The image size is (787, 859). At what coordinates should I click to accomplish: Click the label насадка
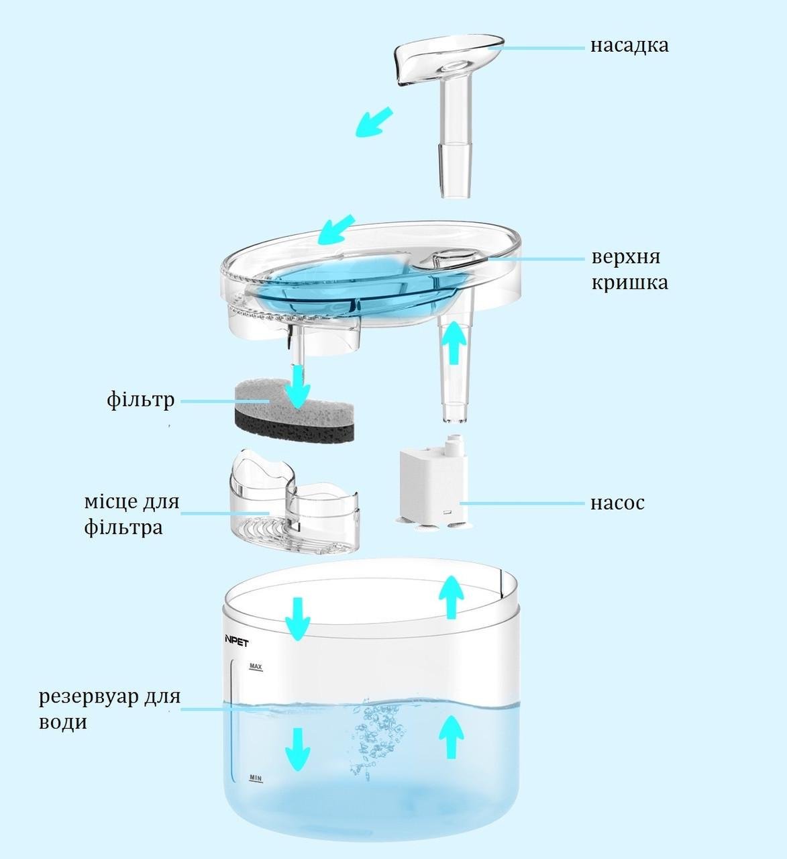point(629,46)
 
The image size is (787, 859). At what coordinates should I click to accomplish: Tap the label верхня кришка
point(630,270)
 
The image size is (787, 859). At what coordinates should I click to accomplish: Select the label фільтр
point(141,401)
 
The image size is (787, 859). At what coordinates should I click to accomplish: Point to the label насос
point(617,503)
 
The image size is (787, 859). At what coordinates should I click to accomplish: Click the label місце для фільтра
point(132,514)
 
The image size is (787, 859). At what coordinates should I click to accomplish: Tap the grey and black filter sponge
point(294,413)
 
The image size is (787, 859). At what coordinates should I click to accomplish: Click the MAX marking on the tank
point(256,666)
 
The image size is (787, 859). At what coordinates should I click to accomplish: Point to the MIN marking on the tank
point(256,778)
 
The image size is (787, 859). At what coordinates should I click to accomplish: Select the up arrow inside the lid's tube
point(454,343)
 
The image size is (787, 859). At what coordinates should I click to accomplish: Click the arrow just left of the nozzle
point(374,122)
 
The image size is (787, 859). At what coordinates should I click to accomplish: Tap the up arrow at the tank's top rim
point(452,597)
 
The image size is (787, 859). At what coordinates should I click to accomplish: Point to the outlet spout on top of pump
point(454,446)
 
